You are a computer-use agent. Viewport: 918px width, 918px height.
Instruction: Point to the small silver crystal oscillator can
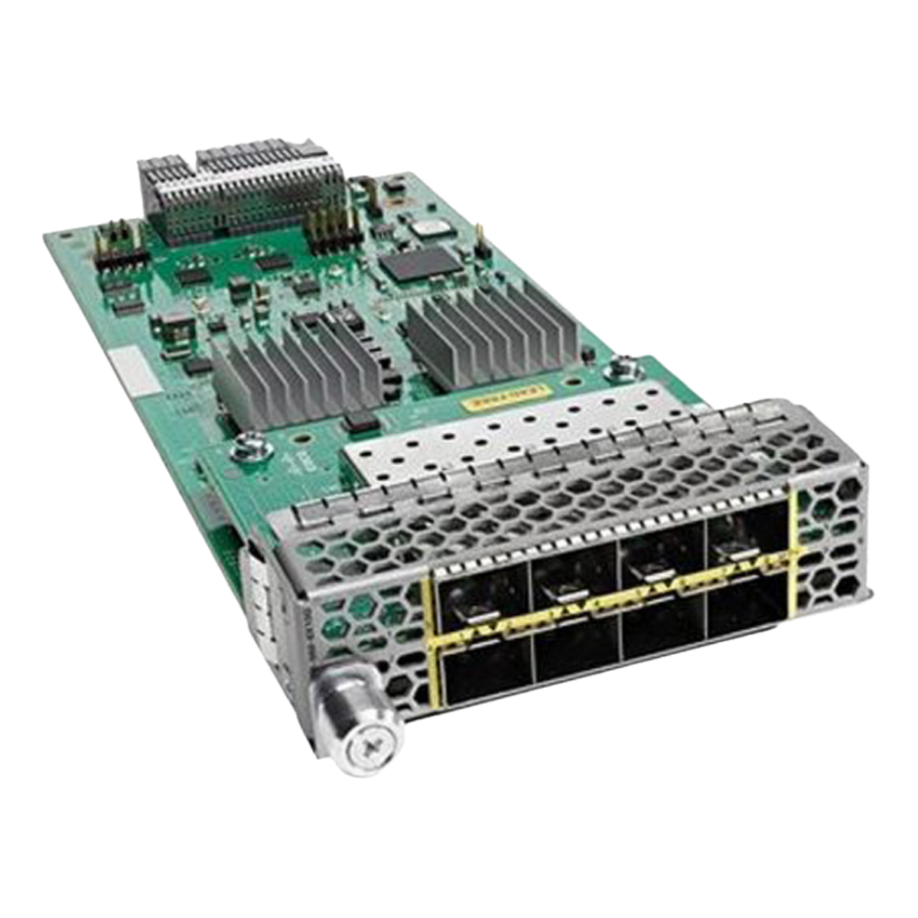coord(422,226)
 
